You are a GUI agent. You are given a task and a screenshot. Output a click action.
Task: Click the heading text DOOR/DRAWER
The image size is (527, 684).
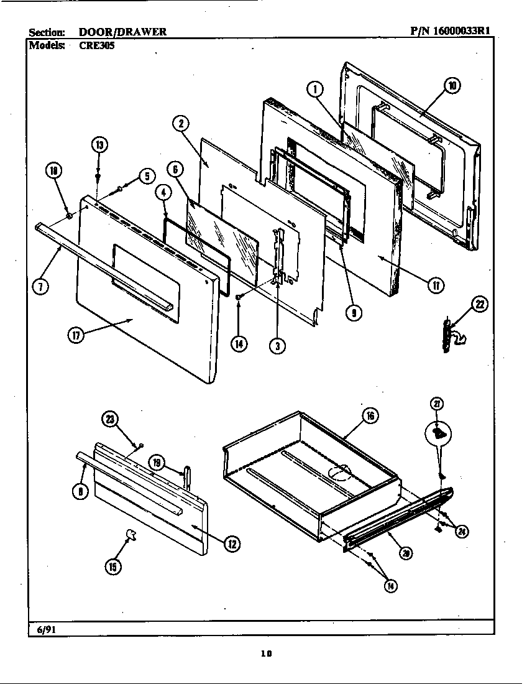[x=122, y=32]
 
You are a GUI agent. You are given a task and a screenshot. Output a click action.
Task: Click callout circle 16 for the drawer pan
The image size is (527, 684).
[x=370, y=416]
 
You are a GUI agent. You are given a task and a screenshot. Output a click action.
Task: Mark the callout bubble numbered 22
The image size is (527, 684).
[x=479, y=304]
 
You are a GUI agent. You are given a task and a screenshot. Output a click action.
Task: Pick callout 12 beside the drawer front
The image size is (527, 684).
[x=231, y=543]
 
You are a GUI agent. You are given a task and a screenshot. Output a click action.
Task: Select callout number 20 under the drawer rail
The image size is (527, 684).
[x=405, y=554]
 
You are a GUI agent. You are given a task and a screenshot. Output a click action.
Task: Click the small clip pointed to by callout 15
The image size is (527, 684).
[x=131, y=533]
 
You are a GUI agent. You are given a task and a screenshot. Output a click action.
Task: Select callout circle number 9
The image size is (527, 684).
[x=353, y=313]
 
